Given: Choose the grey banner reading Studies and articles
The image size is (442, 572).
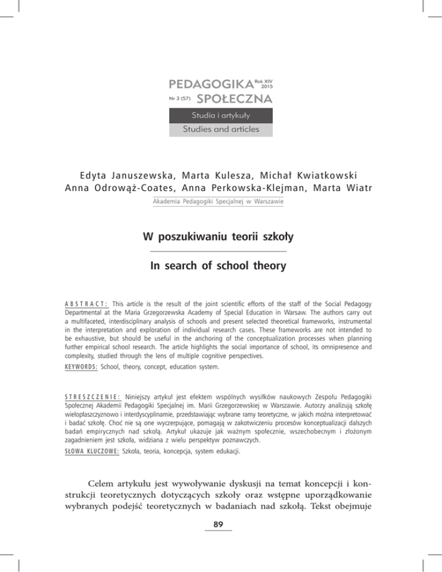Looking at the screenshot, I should point(222,128).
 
